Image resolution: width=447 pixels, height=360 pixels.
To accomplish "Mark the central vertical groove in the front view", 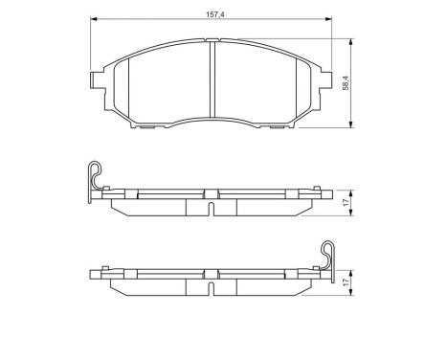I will point(212,84).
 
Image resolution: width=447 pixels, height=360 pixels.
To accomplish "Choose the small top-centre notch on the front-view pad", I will point(212,41).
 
